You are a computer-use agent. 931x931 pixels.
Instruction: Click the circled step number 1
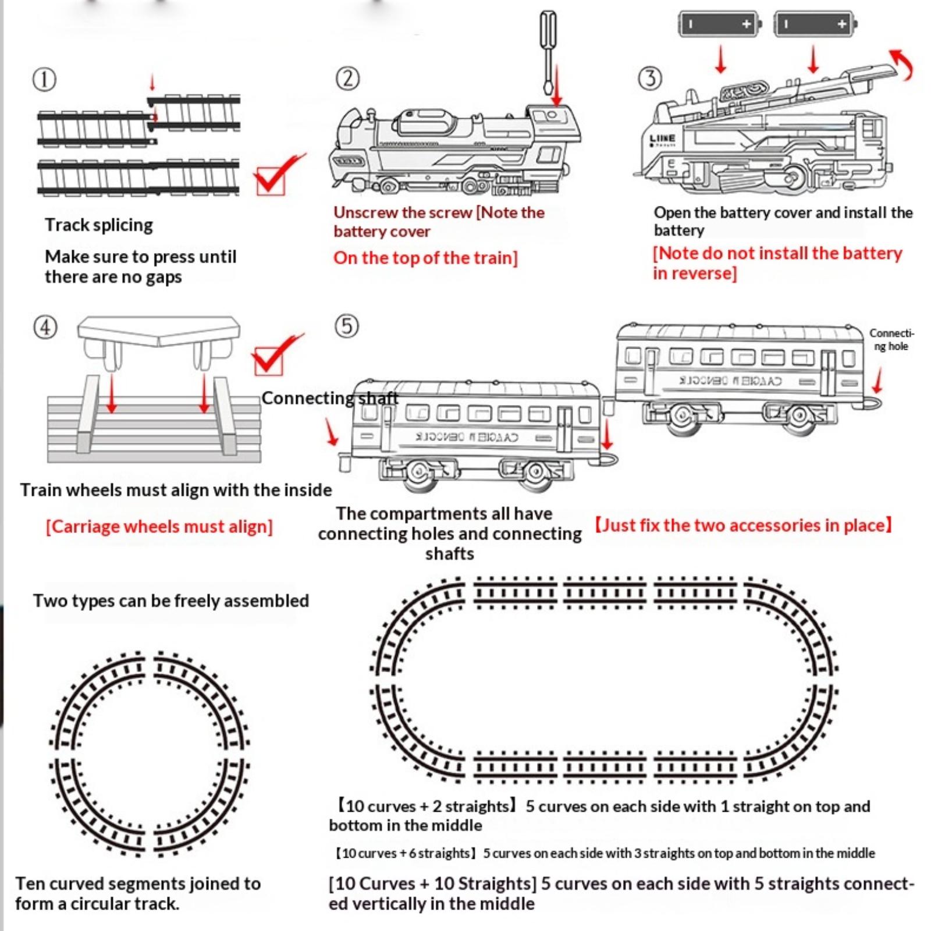(44, 80)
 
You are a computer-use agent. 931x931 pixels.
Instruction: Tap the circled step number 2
(347, 78)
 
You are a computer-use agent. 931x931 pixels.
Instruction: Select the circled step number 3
(650, 78)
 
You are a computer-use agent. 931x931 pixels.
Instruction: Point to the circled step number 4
(45, 327)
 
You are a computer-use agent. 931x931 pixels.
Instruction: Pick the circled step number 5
(347, 326)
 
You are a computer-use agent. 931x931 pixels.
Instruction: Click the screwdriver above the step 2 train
(548, 52)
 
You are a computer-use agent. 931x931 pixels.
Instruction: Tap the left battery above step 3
(719, 24)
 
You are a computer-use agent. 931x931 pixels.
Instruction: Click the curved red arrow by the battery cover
(902, 64)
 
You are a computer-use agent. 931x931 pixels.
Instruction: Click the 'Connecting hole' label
(891, 340)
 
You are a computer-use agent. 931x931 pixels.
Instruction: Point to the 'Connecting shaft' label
(330, 398)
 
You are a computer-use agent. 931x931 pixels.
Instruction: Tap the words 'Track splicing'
(99, 225)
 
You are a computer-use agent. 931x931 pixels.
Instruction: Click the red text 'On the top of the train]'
(425, 258)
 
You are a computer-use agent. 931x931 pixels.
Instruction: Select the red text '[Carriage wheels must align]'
(159, 527)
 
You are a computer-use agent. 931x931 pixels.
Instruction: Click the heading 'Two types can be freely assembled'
(170, 600)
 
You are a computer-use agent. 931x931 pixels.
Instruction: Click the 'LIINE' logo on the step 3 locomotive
(663, 138)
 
